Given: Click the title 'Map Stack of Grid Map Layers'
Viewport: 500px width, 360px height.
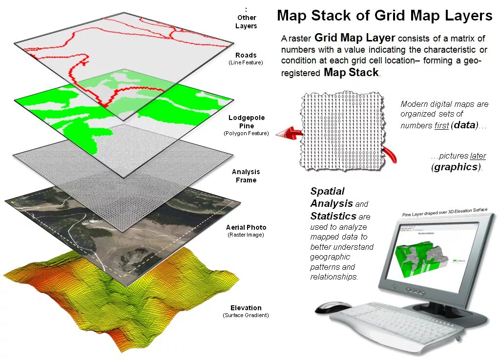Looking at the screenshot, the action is (384, 16).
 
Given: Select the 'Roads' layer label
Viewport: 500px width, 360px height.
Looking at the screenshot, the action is (246, 55).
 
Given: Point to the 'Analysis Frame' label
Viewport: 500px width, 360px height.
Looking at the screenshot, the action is (246, 176).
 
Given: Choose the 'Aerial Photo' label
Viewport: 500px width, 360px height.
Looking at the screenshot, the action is (246, 227).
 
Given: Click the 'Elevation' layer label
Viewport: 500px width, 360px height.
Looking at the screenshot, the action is (246, 308).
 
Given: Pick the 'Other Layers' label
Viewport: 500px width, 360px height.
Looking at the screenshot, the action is (246, 21).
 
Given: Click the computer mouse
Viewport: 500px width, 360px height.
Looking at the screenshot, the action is (333, 307).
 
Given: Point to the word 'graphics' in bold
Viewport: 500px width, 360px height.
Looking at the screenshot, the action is (456, 167).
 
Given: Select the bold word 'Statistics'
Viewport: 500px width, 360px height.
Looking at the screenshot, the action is (333, 216).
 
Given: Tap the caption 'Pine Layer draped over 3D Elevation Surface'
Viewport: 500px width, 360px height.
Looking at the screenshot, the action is (444, 212).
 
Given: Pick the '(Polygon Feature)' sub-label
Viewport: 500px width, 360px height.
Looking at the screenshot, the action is (246, 134).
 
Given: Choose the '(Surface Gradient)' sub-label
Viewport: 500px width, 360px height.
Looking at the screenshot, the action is (246, 316).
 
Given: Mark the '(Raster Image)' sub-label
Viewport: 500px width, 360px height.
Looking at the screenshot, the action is (246, 235).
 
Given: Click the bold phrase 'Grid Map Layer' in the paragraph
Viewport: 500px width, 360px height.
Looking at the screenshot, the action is (355, 38).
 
